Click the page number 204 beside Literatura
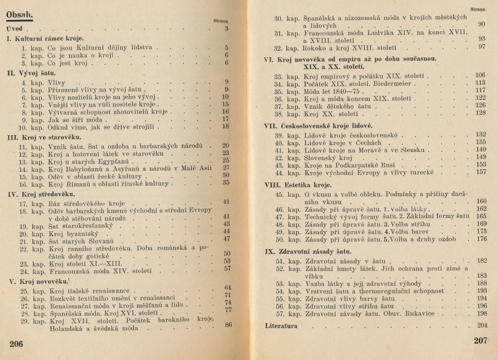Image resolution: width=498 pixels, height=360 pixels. tap(481, 325)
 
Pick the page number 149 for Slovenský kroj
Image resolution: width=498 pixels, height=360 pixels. tap(481, 157)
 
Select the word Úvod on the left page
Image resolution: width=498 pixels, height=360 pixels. tap(16, 29)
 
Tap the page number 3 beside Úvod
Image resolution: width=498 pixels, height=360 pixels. tap(227, 29)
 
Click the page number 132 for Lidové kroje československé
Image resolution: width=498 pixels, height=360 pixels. tap(481, 134)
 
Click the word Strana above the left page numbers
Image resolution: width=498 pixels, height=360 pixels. tap(222, 20)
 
